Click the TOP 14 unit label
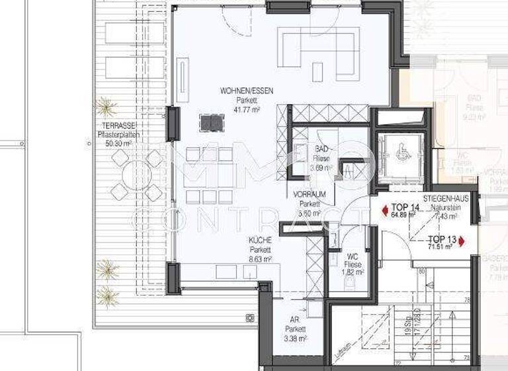click(405, 207)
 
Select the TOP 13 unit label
click(441, 239)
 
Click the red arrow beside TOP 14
click(386, 211)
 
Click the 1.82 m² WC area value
click(353, 272)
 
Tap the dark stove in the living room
click(212, 122)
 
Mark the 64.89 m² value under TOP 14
click(405, 215)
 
